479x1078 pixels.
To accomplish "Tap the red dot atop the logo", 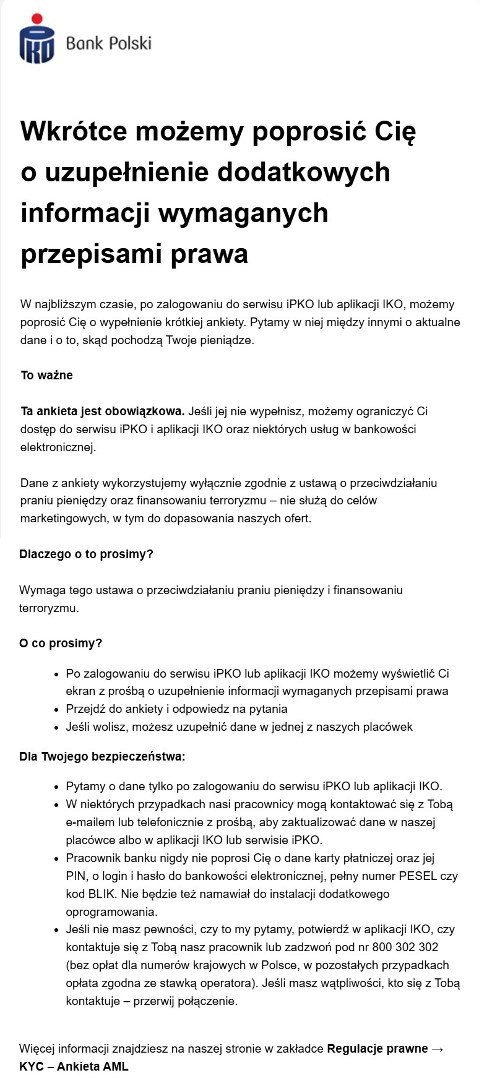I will tap(37, 19).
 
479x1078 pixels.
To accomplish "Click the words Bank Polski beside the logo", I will tap(108, 43).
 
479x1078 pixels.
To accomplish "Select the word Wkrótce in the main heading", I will tap(74, 131).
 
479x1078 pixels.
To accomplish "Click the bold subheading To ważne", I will tap(46, 376).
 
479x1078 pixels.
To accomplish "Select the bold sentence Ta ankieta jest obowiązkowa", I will tap(102, 412).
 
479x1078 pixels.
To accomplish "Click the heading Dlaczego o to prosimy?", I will tap(86, 554).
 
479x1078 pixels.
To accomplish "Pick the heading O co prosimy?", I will tap(61, 644).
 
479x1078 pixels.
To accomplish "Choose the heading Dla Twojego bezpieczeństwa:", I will tap(102, 757).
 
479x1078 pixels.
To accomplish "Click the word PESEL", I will tap(418, 876).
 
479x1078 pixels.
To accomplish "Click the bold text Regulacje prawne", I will tap(378, 1049).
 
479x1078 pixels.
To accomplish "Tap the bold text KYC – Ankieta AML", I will tap(74, 1066).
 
